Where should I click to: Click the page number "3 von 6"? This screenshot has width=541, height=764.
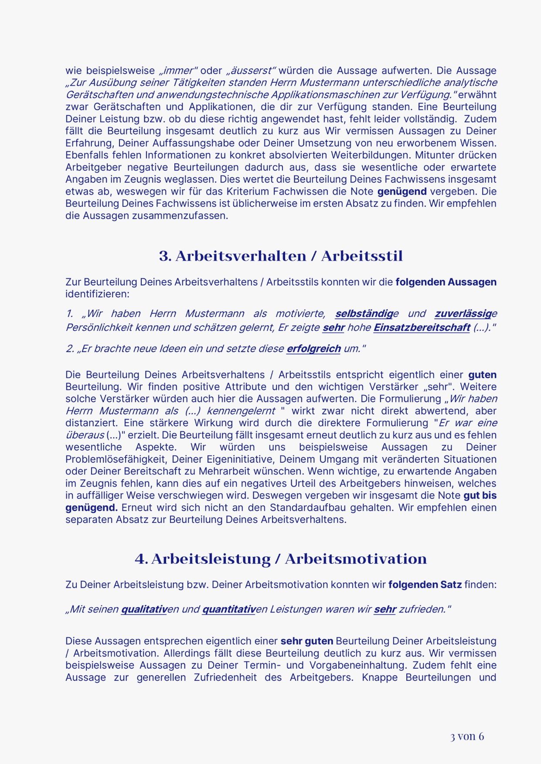coord(467,736)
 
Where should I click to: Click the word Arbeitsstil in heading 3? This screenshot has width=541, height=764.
coord(362,256)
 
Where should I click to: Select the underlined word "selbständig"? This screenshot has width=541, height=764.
coord(364,313)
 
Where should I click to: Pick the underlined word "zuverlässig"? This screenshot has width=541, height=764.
coord(463,313)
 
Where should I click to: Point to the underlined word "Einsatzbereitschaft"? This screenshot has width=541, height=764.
coord(422,327)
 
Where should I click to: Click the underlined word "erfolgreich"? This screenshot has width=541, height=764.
coord(313,349)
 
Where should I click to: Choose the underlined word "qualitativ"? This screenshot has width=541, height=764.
coord(144,609)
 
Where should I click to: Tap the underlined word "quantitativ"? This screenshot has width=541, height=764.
coord(228,609)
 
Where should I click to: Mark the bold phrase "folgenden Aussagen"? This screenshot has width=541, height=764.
coord(446,282)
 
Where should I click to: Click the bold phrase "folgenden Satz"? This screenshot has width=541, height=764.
coord(425,585)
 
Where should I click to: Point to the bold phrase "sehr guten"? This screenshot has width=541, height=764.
coord(307,641)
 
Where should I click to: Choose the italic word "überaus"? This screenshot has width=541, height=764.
coord(85,435)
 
